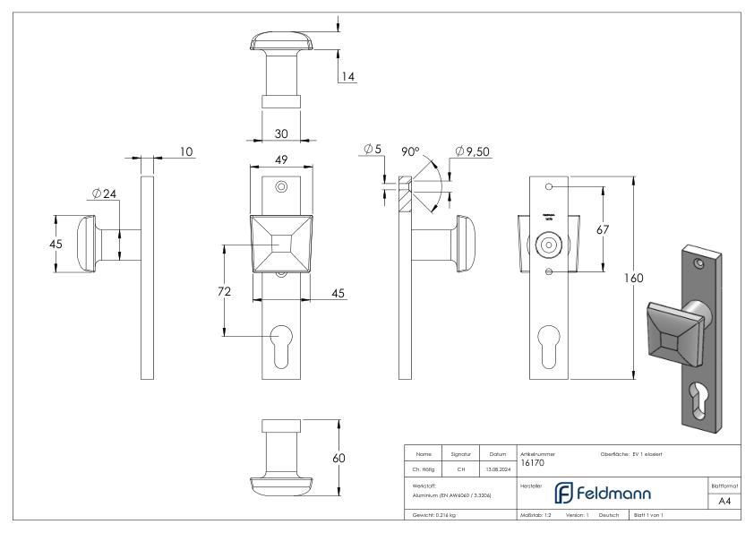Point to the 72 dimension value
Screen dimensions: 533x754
(x=226, y=291)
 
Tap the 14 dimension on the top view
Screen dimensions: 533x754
(x=348, y=77)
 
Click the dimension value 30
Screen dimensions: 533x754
(x=280, y=133)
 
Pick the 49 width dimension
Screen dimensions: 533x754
(x=280, y=161)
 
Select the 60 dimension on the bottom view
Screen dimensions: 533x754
(x=338, y=458)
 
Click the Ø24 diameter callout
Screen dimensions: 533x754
(x=104, y=193)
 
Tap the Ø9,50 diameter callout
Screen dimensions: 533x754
(x=471, y=152)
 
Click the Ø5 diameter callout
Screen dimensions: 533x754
(x=374, y=150)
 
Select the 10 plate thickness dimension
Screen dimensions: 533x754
(x=185, y=153)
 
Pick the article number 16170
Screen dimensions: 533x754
(x=533, y=464)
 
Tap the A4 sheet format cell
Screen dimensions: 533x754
(x=725, y=503)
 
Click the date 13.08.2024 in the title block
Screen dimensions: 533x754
(x=497, y=467)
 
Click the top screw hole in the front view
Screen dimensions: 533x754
(x=281, y=186)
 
